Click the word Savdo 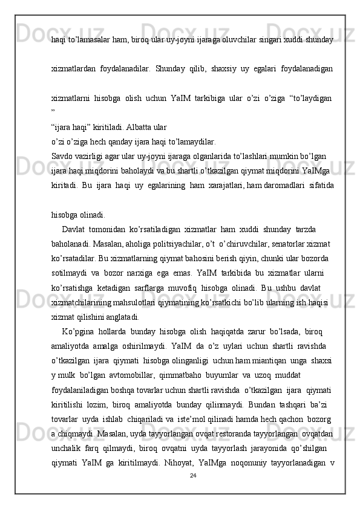62,155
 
